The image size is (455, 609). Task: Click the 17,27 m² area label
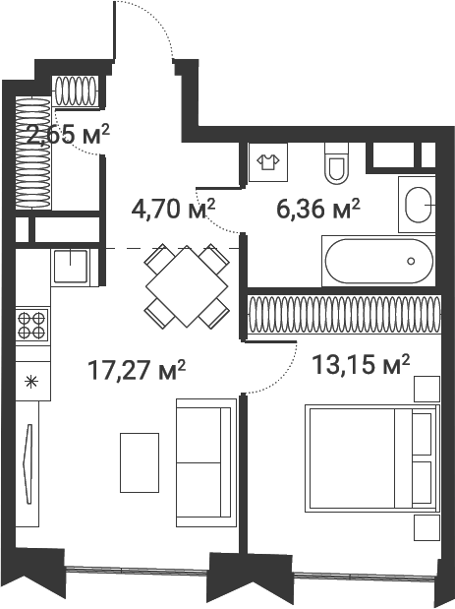[x=137, y=370]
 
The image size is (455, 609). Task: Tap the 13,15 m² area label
[x=361, y=365]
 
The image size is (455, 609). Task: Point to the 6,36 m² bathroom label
[x=318, y=210]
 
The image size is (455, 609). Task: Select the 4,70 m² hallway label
[x=173, y=210]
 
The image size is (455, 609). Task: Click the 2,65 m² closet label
[x=68, y=135]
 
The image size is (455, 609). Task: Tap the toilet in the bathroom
[x=336, y=163]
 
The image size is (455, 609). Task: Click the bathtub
[x=379, y=261]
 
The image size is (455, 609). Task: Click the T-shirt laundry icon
[x=268, y=161]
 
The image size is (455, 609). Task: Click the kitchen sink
[x=70, y=266]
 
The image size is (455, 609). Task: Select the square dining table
[x=187, y=286]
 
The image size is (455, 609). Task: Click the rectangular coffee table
[x=140, y=463]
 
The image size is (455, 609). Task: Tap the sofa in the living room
[x=206, y=462]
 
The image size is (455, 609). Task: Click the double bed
[x=372, y=458]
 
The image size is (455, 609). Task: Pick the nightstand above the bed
[x=427, y=390]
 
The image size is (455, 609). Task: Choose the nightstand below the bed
[x=427, y=527]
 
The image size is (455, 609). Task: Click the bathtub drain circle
[x=411, y=261]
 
